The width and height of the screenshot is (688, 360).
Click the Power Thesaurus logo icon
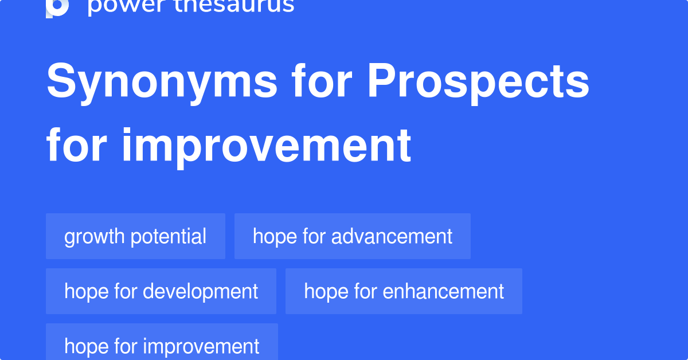point(57,7)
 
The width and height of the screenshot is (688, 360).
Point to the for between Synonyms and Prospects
point(322,81)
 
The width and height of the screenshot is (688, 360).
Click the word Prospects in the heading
point(478,83)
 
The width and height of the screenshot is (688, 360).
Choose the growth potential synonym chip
point(135,236)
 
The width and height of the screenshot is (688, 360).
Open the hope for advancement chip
point(353,236)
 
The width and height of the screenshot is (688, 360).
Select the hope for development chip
point(161,291)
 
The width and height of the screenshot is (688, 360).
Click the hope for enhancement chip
point(404,291)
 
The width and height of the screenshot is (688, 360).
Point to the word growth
point(95,237)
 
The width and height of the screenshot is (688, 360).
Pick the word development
point(201,291)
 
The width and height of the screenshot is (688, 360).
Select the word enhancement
point(443,291)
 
